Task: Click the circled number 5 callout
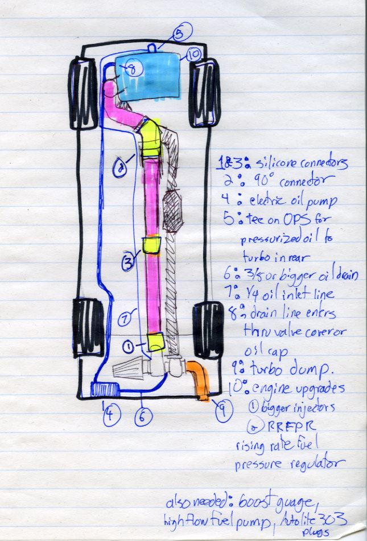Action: click(178, 34)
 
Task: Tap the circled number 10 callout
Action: click(193, 55)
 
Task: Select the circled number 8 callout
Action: click(130, 69)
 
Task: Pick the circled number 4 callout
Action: click(112, 419)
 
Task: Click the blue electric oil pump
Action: click(105, 390)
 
